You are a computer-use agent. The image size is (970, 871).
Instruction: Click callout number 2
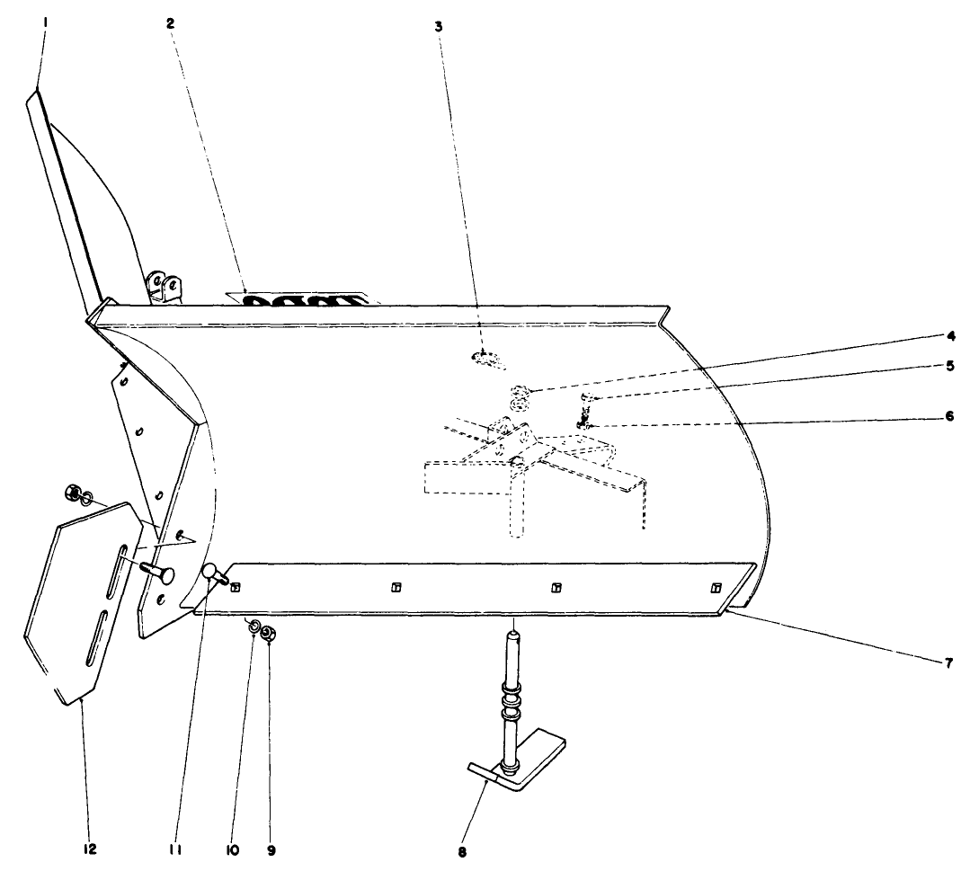[170, 23]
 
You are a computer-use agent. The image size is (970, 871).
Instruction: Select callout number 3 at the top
[439, 27]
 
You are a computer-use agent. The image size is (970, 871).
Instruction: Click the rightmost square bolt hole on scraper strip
[716, 588]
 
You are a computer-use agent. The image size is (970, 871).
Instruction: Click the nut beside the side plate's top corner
[71, 493]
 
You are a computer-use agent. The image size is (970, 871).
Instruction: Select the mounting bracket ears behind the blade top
[166, 286]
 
